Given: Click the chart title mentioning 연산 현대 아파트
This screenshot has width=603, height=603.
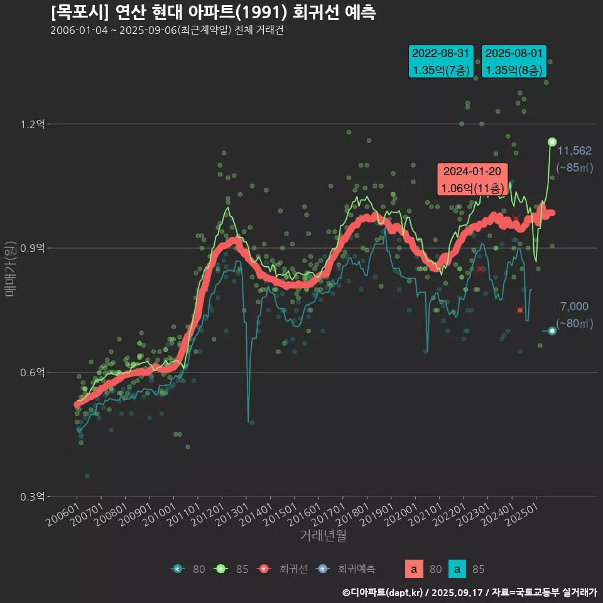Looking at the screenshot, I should pyautogui.click(x=214, y=12).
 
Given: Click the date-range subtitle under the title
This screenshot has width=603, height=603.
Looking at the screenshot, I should pyautogui.click(x=166, y=31).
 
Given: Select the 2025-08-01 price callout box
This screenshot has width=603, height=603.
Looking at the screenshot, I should pyautogui.click(x=514, y=62).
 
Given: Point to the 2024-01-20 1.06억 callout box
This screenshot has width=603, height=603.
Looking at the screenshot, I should pyautogui.click(x=472, y=180).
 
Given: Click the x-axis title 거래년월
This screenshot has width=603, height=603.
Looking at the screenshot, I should pyautogui.click(x=323, y=535).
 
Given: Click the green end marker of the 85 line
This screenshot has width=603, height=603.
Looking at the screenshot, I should pyautogui.click(x=552, y=142).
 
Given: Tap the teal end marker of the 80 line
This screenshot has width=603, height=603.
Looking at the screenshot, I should pyautogui.click(x=552, y=331).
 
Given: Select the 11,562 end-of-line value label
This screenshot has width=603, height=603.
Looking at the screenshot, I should pyautogui.click(x=575, y=151).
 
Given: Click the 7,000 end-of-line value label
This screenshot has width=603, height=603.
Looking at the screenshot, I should pyautogui.click(x=574, y=307).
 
